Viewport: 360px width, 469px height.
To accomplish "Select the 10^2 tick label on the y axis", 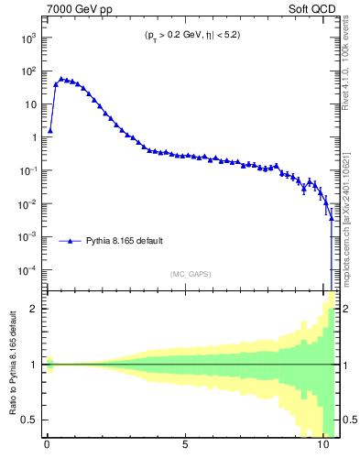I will (27, 71).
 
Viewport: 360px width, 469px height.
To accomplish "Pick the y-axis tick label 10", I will (29, 104).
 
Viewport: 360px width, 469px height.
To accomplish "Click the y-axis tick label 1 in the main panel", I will (33, 137).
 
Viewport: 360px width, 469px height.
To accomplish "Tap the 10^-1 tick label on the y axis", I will (27, 170).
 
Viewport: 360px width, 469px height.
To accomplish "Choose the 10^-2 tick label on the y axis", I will (27, 203).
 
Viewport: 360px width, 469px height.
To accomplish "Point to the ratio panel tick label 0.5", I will (29, 420).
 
